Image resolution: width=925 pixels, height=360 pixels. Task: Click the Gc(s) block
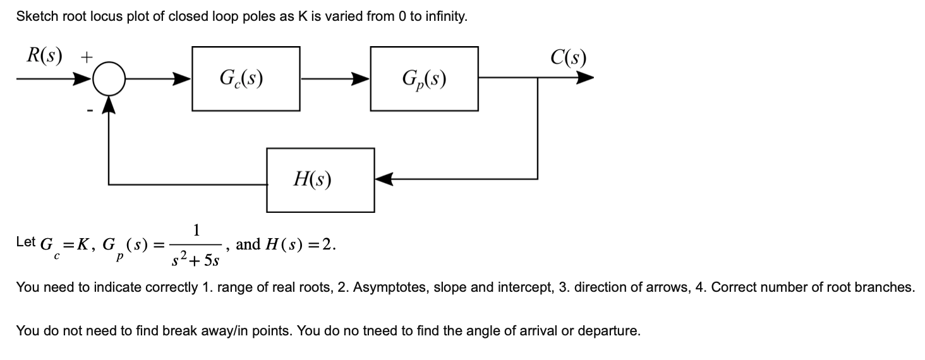245,78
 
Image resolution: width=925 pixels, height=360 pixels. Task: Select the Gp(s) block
424,78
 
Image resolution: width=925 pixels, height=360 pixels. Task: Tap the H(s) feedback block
320,179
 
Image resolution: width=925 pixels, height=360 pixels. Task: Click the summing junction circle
110,80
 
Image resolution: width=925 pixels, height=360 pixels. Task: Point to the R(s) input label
44,56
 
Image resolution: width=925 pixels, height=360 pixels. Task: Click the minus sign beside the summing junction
90,111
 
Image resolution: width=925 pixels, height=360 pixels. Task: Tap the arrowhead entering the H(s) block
384,179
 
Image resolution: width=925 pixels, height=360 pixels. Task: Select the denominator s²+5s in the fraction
196,258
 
